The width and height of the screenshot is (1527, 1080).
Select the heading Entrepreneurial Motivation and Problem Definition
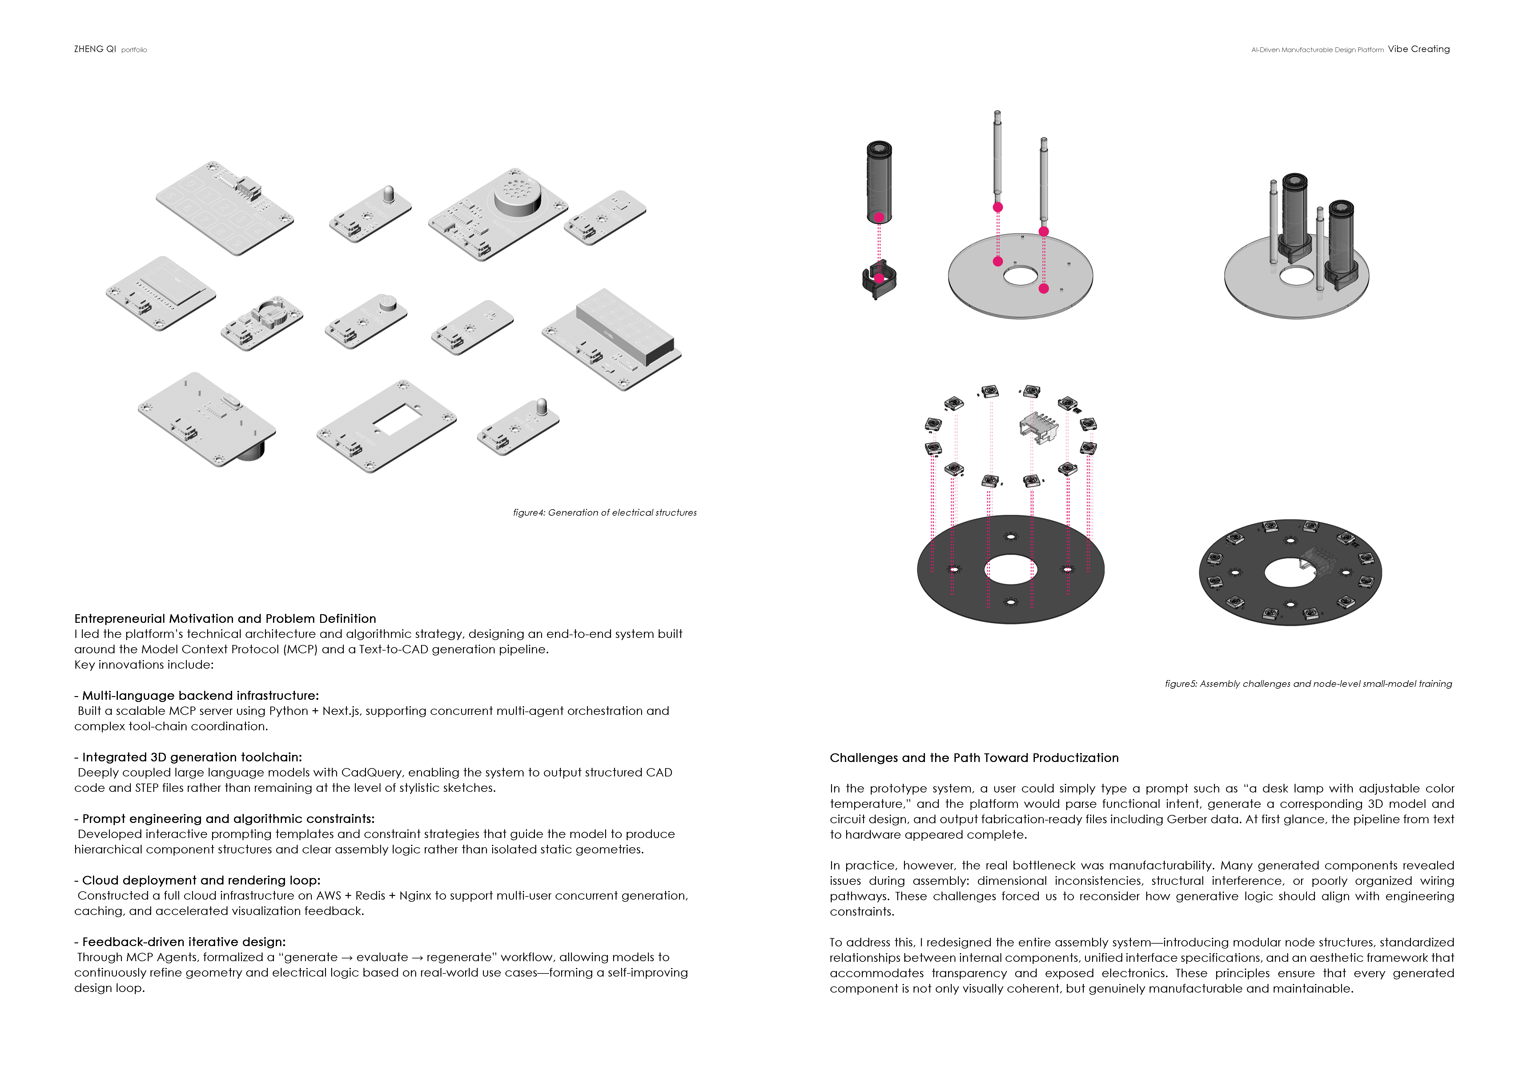(225, 619)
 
